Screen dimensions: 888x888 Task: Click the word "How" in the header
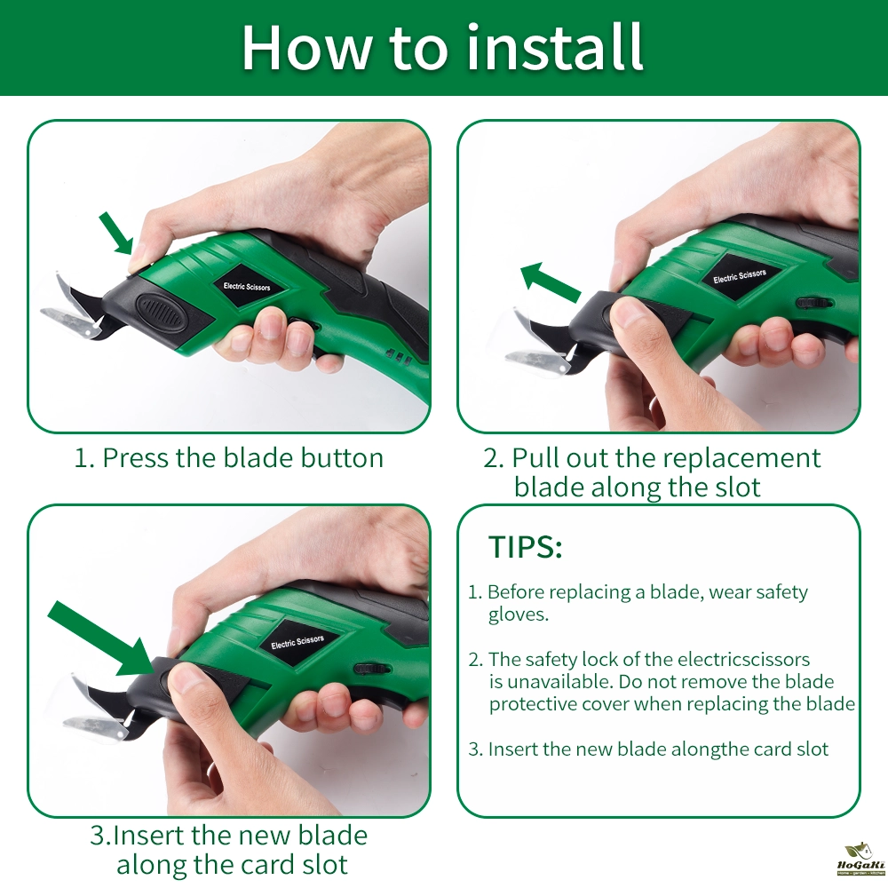click(x=305, y=48)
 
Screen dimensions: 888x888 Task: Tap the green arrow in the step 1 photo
click(x=116, y=233)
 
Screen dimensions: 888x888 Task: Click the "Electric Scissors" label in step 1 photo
click(x=247, y=286)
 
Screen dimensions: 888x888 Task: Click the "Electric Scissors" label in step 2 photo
click(x=740, y=276)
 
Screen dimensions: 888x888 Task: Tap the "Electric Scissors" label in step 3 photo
click(x=297, y=642)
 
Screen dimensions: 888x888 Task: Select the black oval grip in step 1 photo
click(x=159, y=311)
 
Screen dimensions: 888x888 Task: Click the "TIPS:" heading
click(x=525, y=547)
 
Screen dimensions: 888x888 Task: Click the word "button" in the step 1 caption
click(x=342, y=457)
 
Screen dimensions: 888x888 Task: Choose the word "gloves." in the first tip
click(x=519, y=615)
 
